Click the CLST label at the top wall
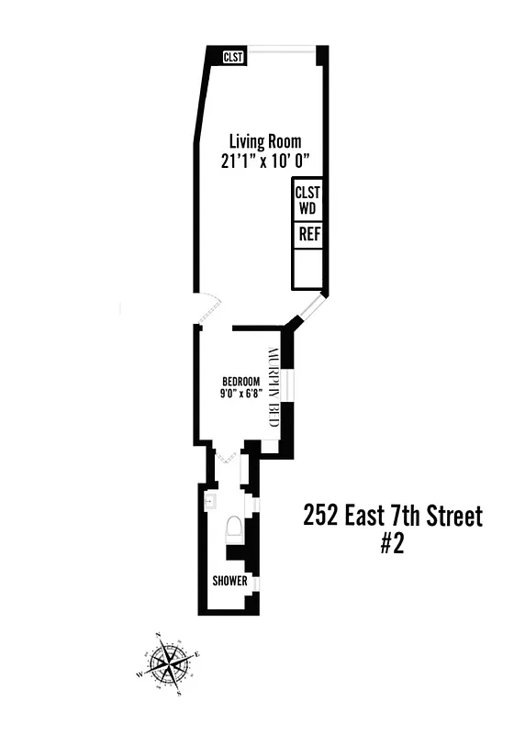pos(234,57)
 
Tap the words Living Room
pos(264,141)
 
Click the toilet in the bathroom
pos(234,531)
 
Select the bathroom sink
pos(209,501)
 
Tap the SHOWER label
pos(229,581)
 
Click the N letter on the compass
pos(157,634)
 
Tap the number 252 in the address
pos(320,517)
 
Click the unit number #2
pos(392,544)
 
